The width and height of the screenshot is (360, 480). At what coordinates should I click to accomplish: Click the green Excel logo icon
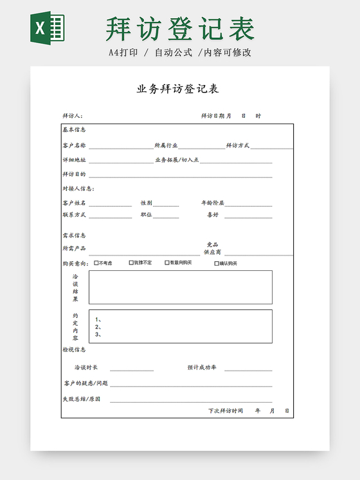(49, 29)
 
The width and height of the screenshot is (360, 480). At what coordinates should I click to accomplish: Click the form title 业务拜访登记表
(177, 89)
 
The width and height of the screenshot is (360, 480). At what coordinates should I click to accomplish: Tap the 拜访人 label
(72, 116)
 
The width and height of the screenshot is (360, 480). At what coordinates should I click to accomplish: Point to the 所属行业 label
(166, 146)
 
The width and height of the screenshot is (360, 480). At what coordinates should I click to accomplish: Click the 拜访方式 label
(237, 146)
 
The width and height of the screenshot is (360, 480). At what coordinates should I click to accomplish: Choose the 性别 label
(147, 203)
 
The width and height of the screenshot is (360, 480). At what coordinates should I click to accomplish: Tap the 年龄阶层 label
(213, 203)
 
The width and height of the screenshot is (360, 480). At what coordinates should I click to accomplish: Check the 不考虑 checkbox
(96, 263)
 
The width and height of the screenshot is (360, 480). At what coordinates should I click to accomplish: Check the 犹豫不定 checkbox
(131, 263)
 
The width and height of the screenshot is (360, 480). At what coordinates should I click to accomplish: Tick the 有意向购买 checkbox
(167, 263)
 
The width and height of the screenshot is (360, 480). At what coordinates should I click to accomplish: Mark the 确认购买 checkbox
(216, 263)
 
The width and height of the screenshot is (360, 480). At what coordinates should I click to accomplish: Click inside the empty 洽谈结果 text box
(180, 287)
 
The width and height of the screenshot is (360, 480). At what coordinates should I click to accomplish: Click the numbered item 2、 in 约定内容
(98, 327)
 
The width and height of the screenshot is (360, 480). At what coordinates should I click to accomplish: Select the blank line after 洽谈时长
(132, 370)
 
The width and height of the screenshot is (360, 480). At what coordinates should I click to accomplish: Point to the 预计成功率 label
(202, 368)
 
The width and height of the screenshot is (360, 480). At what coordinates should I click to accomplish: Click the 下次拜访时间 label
(225, 411)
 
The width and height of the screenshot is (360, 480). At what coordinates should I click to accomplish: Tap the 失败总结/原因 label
(82, 399)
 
